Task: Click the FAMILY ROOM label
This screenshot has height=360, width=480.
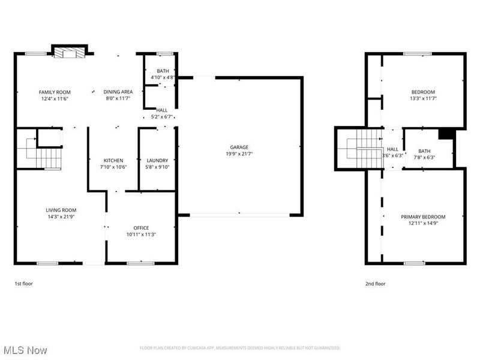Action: click(55, 92)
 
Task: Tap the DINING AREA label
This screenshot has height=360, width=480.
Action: click(118, 92)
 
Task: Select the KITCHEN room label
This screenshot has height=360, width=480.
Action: click(113, 160)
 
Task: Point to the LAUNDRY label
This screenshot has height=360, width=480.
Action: click(158, 160)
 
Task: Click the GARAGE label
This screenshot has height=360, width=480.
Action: click(239, 147)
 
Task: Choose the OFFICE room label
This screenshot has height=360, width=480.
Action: click(141, 227)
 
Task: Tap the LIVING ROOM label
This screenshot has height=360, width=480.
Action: click(60, 209)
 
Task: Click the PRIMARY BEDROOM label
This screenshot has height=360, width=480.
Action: click(424, 216)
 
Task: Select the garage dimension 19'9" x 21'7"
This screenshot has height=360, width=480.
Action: click(239, 154)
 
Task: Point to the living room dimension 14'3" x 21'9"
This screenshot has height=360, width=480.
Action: click(60, 217)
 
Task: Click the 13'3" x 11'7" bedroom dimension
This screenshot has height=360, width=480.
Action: click(423, 98)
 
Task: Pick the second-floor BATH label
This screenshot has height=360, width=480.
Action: click(424, 151)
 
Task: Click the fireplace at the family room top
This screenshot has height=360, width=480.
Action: click(71, 53)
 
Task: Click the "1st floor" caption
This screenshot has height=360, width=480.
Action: click(23, 283)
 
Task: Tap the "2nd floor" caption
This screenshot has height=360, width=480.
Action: click(376, 283)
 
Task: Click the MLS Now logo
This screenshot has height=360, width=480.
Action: click(25, 349)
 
